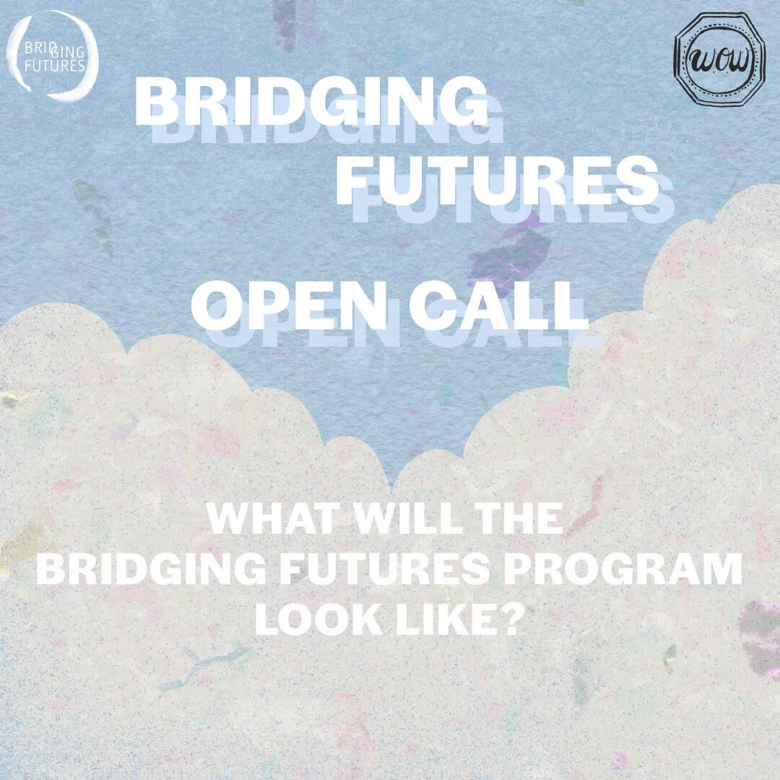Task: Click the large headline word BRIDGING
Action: pos(311,103)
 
